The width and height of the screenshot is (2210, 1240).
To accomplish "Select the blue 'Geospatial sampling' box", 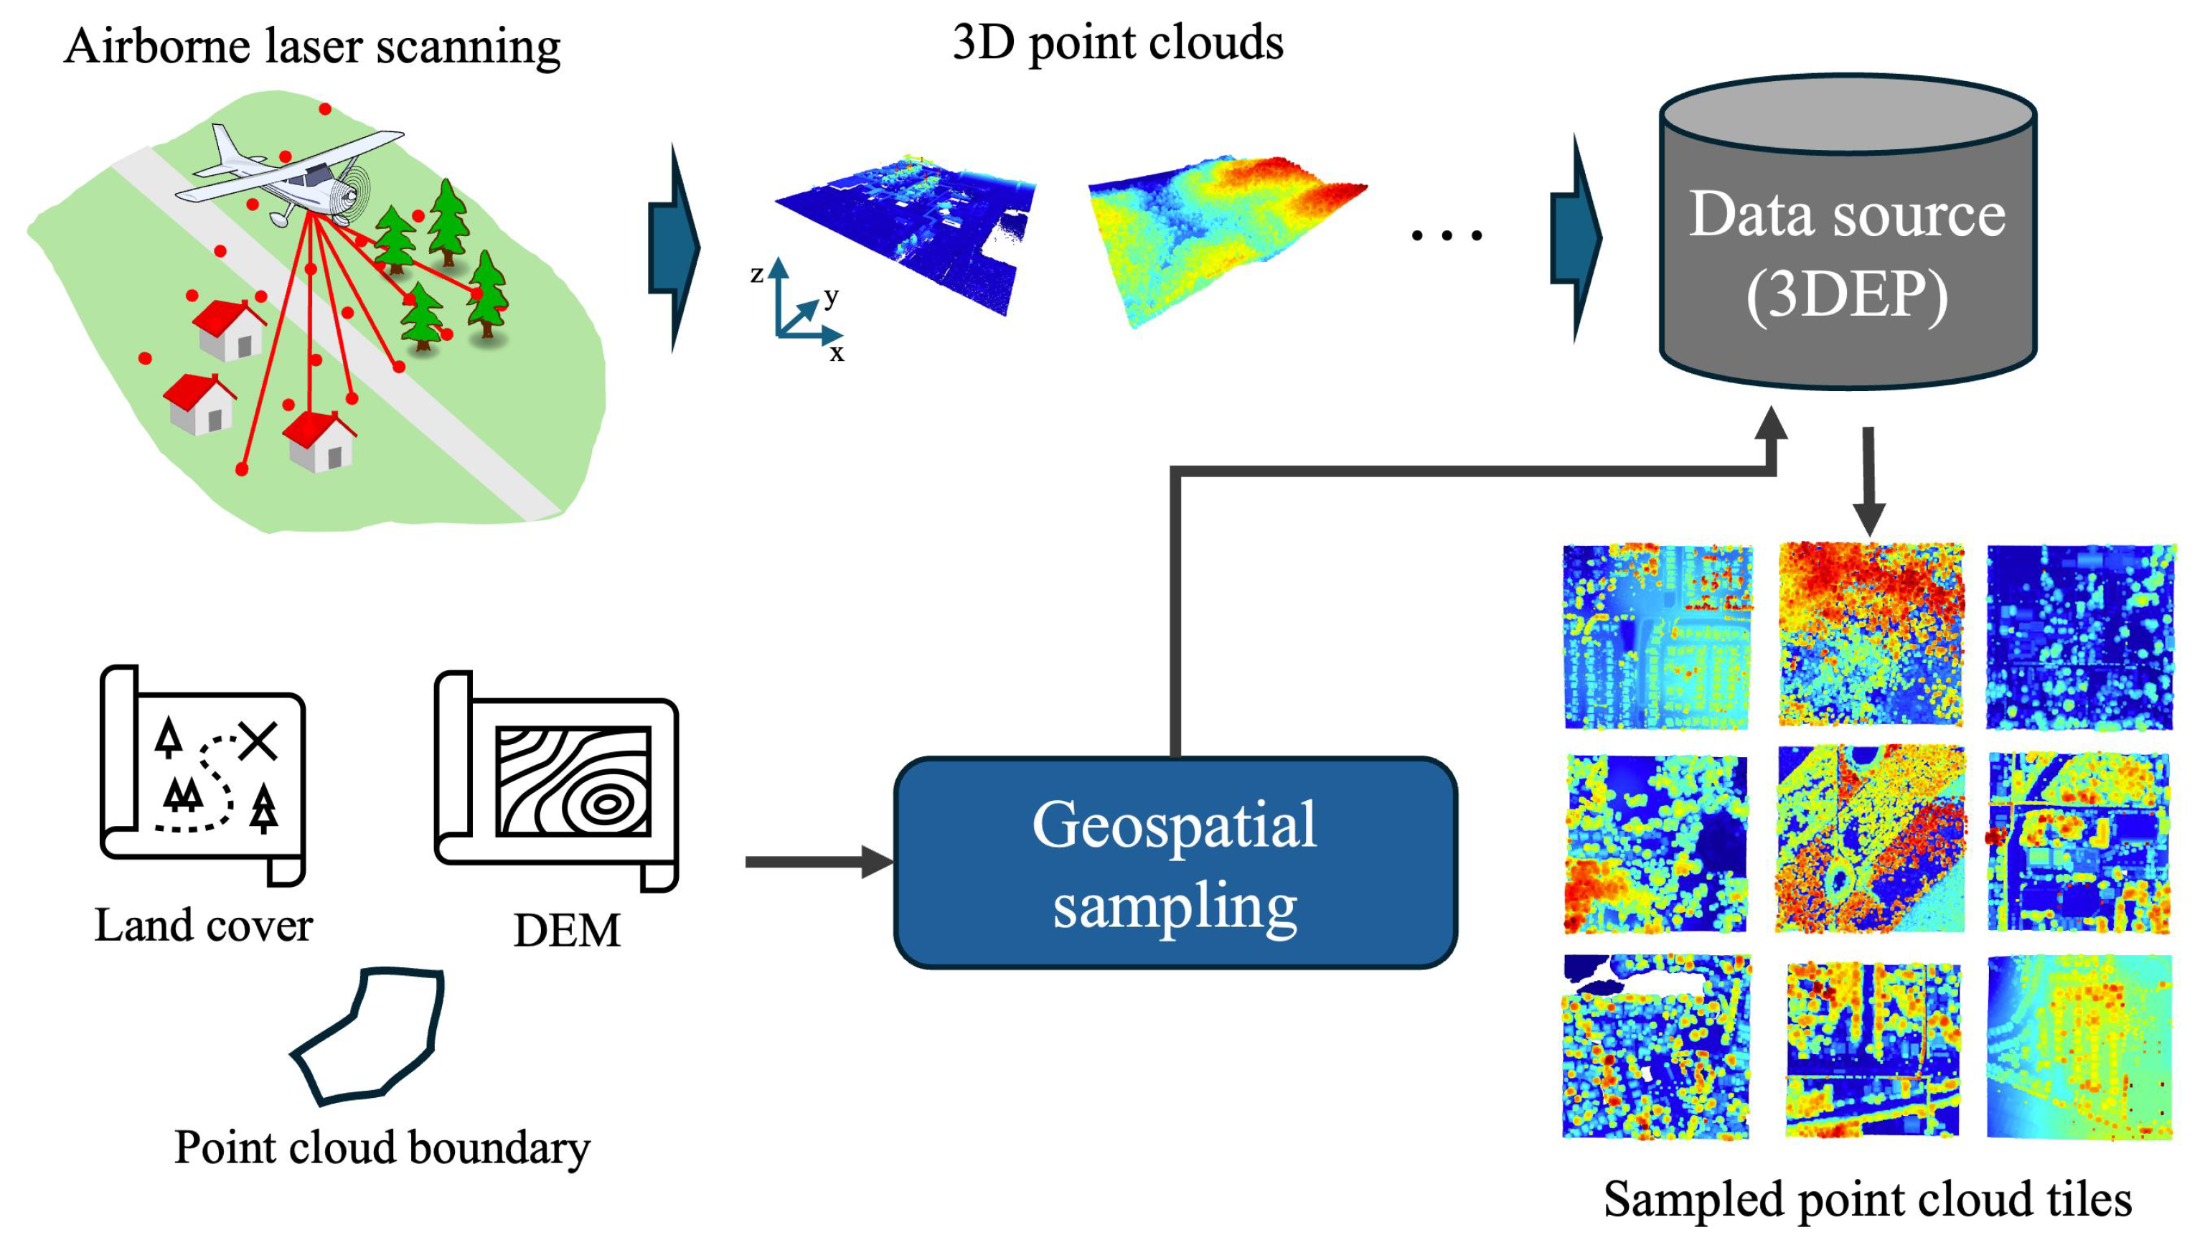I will [x=1175, y=863].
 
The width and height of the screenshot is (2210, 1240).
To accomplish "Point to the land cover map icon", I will [x=203, y=772].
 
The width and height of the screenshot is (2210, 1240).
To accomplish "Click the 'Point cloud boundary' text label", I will [x=382, y=1147].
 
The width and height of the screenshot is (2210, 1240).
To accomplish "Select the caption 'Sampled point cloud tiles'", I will [x=1867, y=1199].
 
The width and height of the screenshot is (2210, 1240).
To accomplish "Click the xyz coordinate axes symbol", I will [x=798, y=309].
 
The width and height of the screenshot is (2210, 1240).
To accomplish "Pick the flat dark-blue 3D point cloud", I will [x=909, y=232].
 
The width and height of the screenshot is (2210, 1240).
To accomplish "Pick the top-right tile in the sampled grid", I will [x=2080, y=637].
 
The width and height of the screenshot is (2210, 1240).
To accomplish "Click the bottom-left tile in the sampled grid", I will [x=1656, y=1047].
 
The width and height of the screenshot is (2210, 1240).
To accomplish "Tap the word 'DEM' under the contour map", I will [x=566, y=930].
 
